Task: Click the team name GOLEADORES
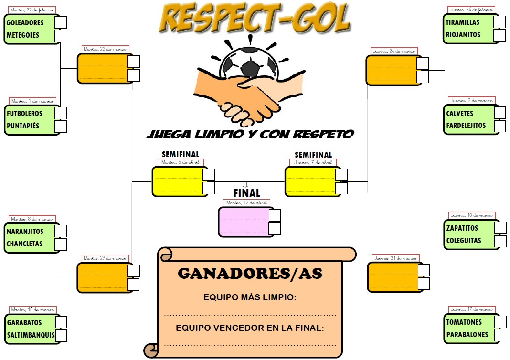(25, 22)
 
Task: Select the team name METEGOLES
(23, 35)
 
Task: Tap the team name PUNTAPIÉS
(23, 126)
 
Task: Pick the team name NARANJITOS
(25, 231)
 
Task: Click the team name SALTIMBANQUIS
(31, 335)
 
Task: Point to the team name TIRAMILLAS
(463, 22)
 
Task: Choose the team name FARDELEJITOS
(466, 126)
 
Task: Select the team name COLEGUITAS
(464, 241)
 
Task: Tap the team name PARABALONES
(467, 335)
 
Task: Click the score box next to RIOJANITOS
(499, 35)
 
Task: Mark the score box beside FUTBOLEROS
(61, 113)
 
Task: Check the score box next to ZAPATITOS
(500, 228)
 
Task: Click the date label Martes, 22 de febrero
(32, 10)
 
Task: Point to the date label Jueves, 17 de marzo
(472, 309)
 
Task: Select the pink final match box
(243, 222)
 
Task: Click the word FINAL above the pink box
(246, 193)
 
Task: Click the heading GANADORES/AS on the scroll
(250, 274)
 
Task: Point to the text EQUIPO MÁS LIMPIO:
(250, 297)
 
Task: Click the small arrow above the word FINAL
(246, 184)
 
